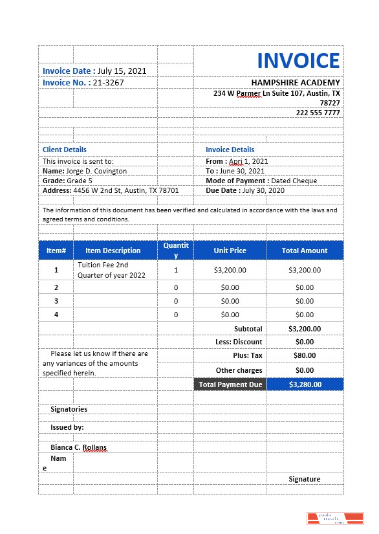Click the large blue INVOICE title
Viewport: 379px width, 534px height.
click(x=298, y=61)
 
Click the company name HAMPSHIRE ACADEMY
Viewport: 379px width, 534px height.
click(x=295, y=83)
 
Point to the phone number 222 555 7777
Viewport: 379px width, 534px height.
click(x=318, y=113)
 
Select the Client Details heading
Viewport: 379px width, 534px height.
click(x=65, y=150)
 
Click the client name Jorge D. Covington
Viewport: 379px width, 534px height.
click(x=96, y=171)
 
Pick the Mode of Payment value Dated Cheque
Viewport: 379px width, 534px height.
click(x=294, y=181)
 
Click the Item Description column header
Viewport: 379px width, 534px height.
click(x=113, y=250)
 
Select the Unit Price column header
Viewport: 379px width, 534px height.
click(x=230, y=250)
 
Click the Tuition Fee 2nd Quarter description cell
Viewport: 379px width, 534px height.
click(x=103, y=270)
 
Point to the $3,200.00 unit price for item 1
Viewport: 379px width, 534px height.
click(x=230, y=270)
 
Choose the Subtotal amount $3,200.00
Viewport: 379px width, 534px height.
click(x=304, y=329)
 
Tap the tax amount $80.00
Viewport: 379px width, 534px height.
click(x=304, y=355)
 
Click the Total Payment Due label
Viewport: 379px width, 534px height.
click(x=230, y=384)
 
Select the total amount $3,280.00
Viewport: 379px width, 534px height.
click(x=304, y=384)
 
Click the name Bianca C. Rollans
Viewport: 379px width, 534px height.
click(x=79, y=447)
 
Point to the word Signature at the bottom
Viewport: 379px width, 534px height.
click(x=304, y=479)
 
